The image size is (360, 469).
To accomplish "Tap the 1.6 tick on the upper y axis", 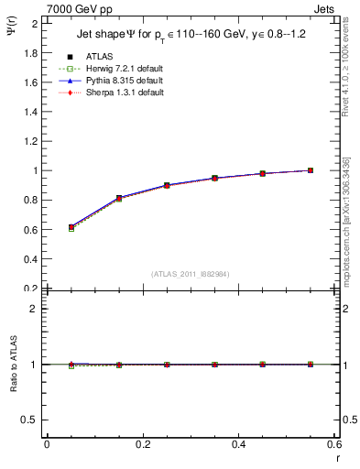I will pyautogui.click(x=32, y=82).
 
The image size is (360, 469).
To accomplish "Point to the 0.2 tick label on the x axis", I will pyautogui.click(x=142, y=444).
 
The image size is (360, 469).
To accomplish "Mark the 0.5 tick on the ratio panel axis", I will pyautogui.click(x=32, y=420).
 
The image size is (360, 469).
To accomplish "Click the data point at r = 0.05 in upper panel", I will pyautogui.click(x=71, y=226).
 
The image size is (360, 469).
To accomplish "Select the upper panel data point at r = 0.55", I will pyautogui.click(x=311, y=170).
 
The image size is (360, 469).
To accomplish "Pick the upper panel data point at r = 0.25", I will pyautogui.click(x=167, y=185).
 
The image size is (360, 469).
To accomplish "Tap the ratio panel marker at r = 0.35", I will pyautogui.click(x=214, y=365).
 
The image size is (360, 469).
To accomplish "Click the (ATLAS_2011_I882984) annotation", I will pyautogui.click(x=190, y=273).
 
